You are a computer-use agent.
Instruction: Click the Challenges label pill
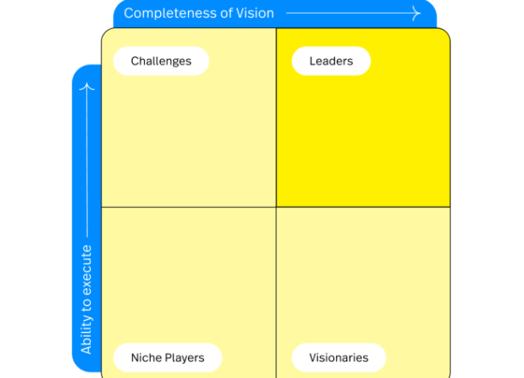pyautogui.click(x=161, y=61)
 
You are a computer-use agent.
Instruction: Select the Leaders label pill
pyautogui.click(x=331, y=61)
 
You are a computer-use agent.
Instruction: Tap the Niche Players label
pyautogui.click(x=167, y=357)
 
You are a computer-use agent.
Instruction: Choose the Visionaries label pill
pyautogui.click(x=339, y=357)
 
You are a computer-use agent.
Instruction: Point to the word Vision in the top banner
pyautogui.click(x=255, y=13)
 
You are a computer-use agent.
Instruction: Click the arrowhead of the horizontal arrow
pyautogui.click(x=416, y=13)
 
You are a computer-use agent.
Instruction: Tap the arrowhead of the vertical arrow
pyautogui.click(x=87, y=87)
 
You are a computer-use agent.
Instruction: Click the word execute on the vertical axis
pyautogui.click(x=86, y=270)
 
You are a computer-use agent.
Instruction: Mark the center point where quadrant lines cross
pyautogui.click(x=276, y=207)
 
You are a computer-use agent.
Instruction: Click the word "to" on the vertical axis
pyautogui.click(x=86, y=305)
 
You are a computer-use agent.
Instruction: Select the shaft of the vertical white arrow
pyautogui.click(x=87, y=160)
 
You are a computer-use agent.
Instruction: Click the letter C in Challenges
pyautogui.click(x=135, y=61)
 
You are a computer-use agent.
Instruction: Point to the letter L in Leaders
pyautogui.click(x=313, y=61)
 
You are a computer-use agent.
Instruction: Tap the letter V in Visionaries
pyautogui.click(x=313, y=357)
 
